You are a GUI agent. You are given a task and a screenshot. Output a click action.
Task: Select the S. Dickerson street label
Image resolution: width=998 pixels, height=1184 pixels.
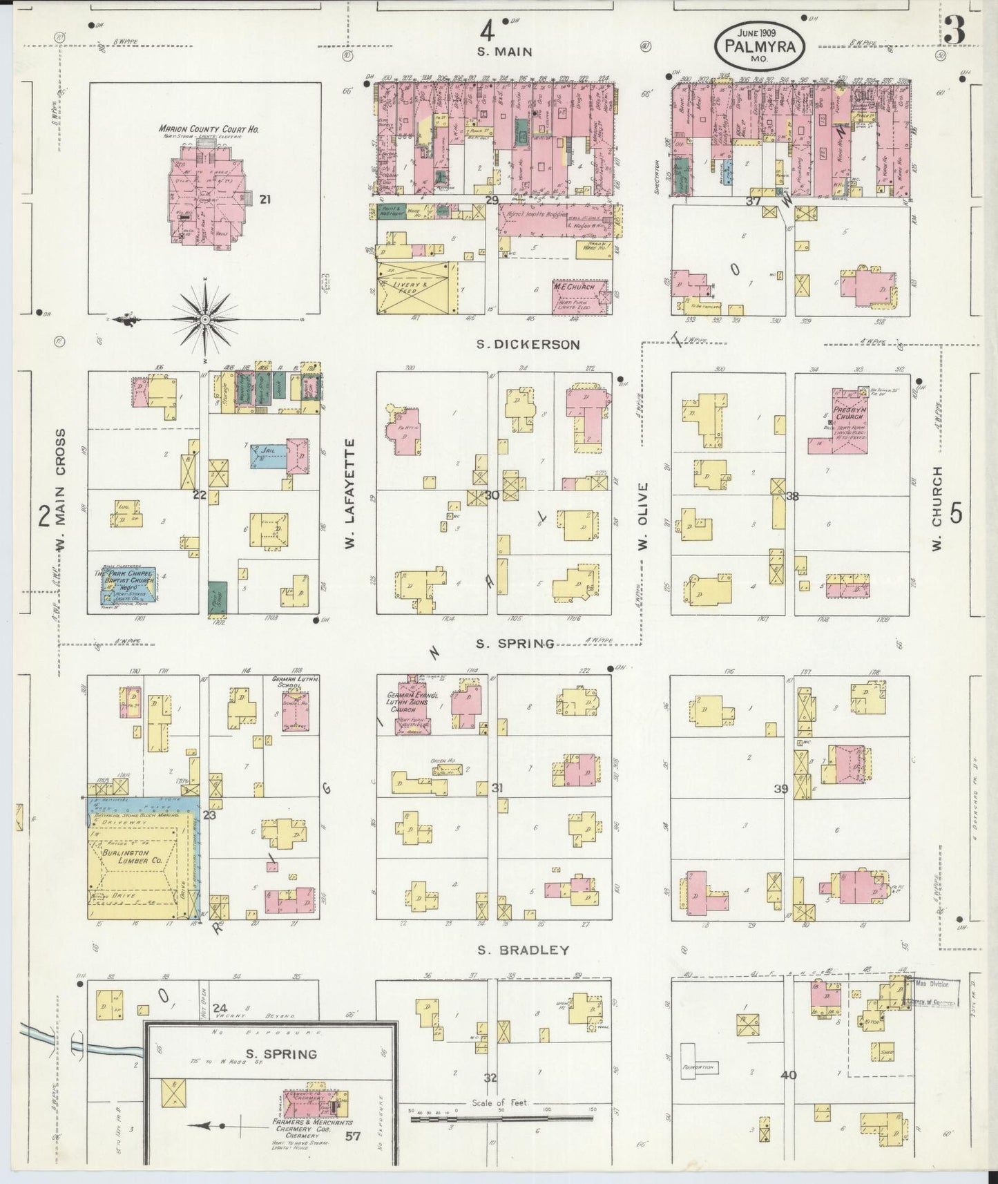coord(528,344)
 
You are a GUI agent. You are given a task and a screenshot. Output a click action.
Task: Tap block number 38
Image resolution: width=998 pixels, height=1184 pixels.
coord(791,495)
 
